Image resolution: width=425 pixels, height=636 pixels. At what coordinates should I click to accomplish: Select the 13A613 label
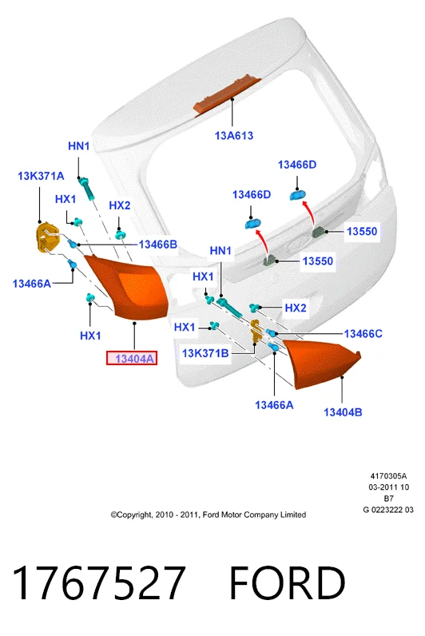pyautogui.click(x=233, y=136)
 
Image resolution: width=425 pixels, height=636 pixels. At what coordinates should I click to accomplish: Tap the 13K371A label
pyautogui.click(x=41, y=176)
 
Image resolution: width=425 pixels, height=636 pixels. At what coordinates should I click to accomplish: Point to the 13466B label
pyautogui.click(x=157, y=244)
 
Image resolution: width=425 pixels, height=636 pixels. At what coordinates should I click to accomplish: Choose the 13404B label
pyautogui.click(x=343, y=412)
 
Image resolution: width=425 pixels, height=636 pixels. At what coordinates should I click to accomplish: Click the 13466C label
pyautogui.click(x=363, y=334)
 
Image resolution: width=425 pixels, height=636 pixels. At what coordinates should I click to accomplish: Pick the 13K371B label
pyautogui.click(x=205, y=353)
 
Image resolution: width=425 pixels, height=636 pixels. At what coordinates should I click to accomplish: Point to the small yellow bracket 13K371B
pyautogui.click(x=256, y=331)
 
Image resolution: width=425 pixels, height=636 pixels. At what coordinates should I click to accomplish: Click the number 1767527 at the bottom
pyautogui.click(x=99, y=583)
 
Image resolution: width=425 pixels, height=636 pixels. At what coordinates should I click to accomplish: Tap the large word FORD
pyautogui.click(x=288, y=583)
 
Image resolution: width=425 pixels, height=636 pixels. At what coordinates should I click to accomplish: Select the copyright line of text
pyautogui.click(x=208, y=515)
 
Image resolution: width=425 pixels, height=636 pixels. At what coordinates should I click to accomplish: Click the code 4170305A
pyautogui.click(x=388, y=476)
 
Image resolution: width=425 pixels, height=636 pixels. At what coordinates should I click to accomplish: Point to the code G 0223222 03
pyautogui.click(x=388, y=510)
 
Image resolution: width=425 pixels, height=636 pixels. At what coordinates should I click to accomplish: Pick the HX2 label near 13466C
pyautogui.click(x=296, y=308)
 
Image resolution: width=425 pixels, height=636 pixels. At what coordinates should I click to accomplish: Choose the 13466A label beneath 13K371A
pyautogui.click(x=32, y=284)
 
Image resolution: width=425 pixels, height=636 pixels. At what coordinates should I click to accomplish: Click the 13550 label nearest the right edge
pyautogui.click(x=362, y=231)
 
